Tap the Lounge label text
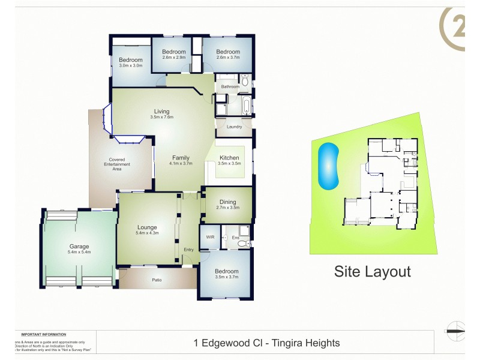tap(147, 227)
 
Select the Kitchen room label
tap(229, 158)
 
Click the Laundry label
tap(234, 127)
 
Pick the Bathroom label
tap(230, 87)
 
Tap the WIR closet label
tap(210, 238)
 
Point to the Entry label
tap(189, 250)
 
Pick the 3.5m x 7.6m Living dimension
tap(161, 117)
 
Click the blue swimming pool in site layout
tap(329, 164)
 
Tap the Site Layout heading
tap(372, 271)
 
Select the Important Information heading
tap(43, 334)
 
